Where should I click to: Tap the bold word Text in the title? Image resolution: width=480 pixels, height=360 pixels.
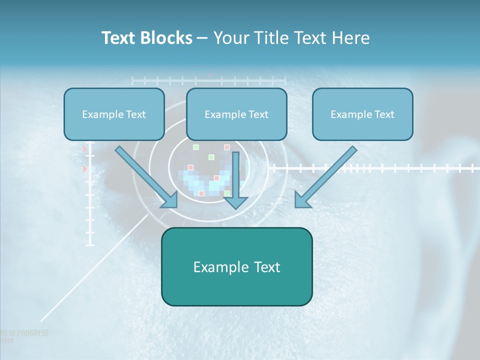point(121,38)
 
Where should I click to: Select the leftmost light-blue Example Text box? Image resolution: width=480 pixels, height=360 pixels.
point(114,114)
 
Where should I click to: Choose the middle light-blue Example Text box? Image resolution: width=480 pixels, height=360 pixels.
point(236,114)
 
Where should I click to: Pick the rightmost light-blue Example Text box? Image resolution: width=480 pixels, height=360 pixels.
point(362,114)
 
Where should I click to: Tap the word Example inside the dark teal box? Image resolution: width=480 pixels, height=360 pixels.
point(215,267)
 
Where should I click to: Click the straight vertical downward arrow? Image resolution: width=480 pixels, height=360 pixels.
point(235,180)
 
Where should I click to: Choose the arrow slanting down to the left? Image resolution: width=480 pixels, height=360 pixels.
point(325,177)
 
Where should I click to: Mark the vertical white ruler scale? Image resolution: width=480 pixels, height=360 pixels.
point(90,200)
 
